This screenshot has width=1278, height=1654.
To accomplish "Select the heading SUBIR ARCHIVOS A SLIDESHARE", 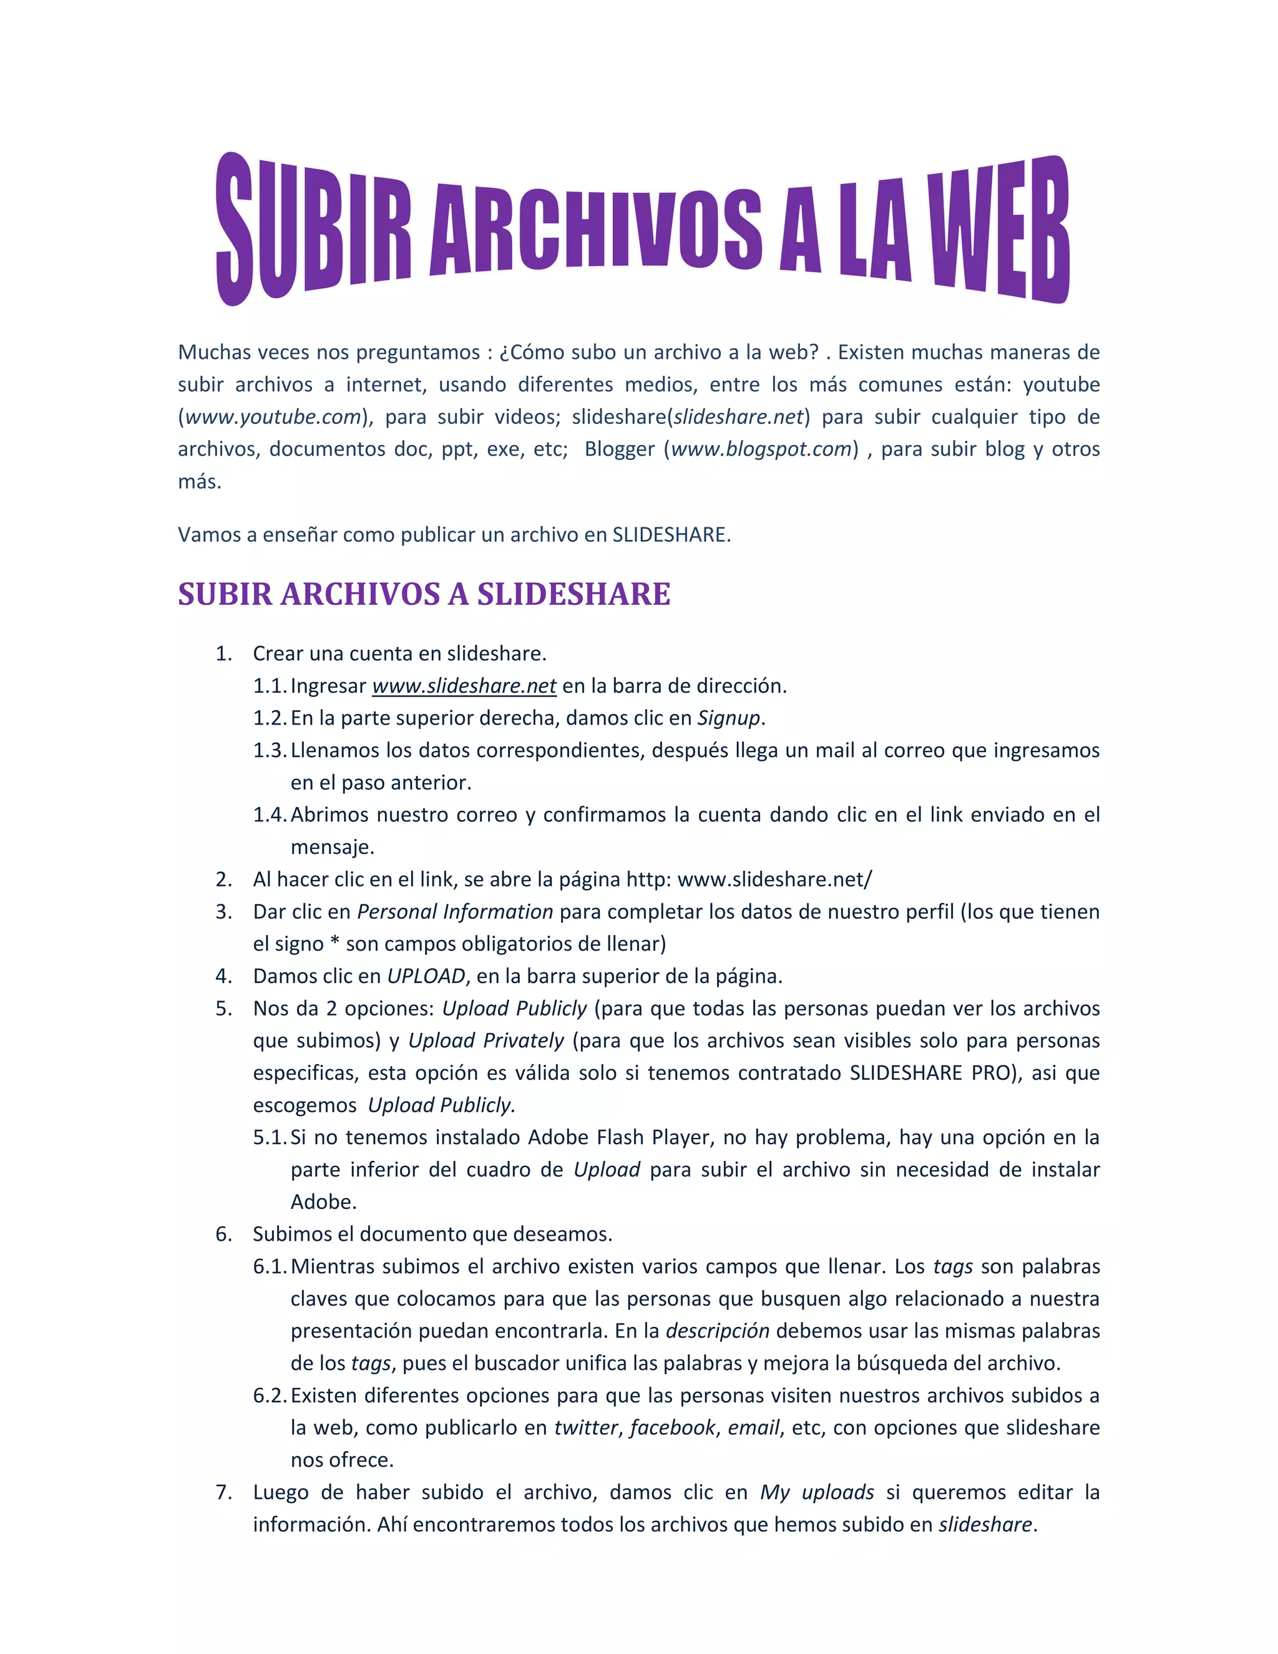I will point(424,594).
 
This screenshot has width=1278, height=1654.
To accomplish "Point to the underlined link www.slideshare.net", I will point(464,686).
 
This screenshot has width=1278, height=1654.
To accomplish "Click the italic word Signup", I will point(728,718).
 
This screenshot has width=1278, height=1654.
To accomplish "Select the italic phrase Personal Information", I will point(455,912).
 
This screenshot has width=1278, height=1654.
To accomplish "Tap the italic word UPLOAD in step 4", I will point(426,976).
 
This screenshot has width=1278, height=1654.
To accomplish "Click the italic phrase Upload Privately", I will point(486,1040).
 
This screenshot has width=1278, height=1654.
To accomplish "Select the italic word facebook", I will point(671,1427).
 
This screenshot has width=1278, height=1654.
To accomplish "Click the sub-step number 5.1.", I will point(270,1137).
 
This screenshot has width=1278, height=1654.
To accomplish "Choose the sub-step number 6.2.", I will point(270,1395).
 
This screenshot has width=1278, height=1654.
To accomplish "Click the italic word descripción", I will point(718,1331).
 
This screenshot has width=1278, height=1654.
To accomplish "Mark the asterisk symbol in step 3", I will point(335,943).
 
